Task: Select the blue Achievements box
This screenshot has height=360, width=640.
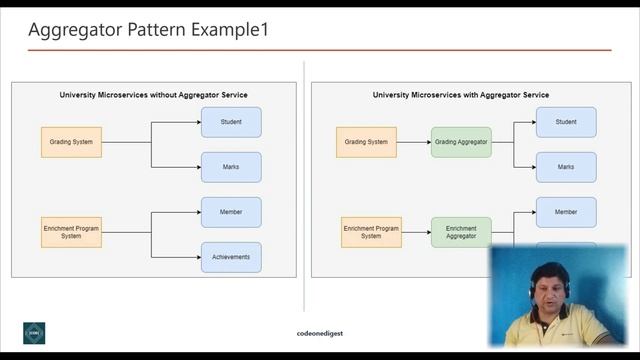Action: pyautogui.click(x=231, y=257)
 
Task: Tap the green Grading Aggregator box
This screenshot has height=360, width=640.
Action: pyautogui.click(x=461, y=142)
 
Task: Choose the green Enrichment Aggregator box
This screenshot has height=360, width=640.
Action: pyautogui.click(x=461, y=232)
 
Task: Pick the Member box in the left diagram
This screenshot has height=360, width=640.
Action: pyautogui.click(x=231, y=212)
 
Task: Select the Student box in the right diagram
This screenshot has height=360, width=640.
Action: pyautogui.click(x=566, y=122)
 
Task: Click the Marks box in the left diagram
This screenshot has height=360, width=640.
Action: pyautogui.click(x=231, y=167)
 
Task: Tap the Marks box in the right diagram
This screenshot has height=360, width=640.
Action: pyautogui.click(x=566, y=167)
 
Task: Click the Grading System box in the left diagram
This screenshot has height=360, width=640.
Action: pyautogui.click(x=71, y=142)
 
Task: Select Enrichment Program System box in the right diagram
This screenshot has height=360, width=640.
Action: pyautogui.click(x=371, y=232)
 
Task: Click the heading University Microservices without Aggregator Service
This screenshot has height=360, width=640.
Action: pyautogui.click(x=154, y=95)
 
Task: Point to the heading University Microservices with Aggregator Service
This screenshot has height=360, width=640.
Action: pyautogui.click(x=461, y=95)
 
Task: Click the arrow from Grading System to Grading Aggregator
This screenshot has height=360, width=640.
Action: pyautogui.click(x=414, y=142)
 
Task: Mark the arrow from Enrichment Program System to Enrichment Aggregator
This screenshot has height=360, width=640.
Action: pyautogui.click(x=416, y=232)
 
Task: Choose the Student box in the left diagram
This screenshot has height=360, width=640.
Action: pyautogui.click(x=231, y=122)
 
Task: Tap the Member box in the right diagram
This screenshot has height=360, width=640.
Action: pyautogui.click(x=566, y=212)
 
